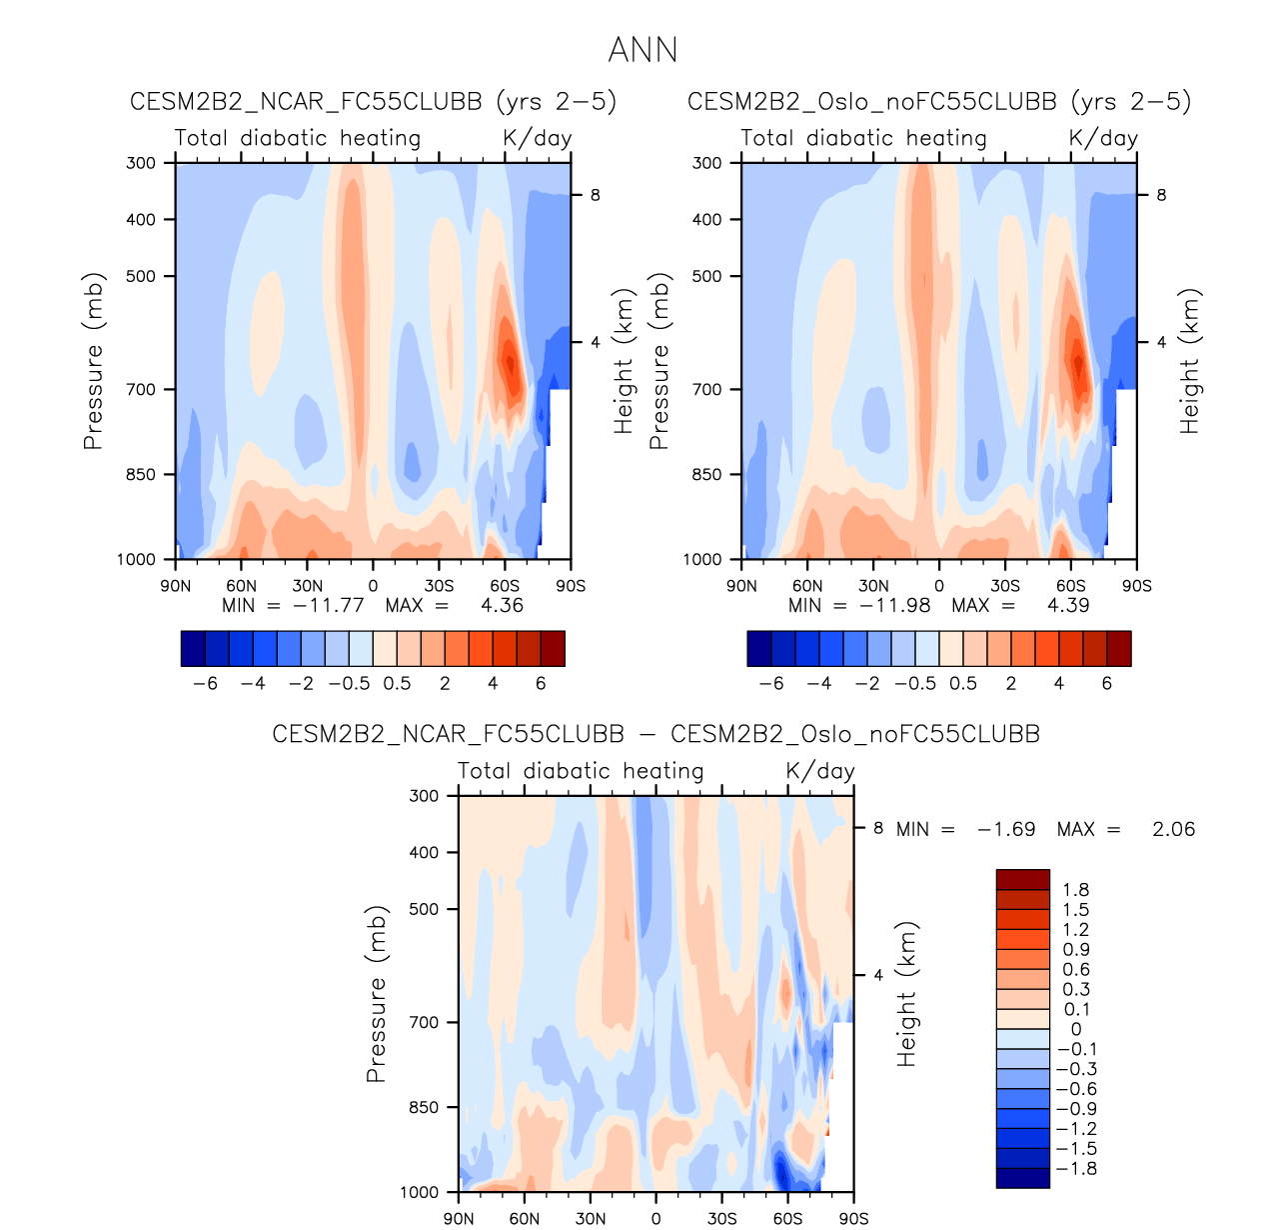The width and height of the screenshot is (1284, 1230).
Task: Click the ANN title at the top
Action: [x=642, y=50]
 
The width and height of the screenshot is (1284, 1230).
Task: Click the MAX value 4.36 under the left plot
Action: [x=502, y=605]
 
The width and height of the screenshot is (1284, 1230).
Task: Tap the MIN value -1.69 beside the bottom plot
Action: [x=1005, y=829]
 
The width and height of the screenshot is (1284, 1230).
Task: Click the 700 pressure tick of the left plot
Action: [x=142, y=389]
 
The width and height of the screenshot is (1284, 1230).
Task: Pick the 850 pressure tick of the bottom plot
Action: [x=425, y=1107]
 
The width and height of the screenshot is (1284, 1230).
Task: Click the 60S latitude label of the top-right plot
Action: [x=1070, y=586]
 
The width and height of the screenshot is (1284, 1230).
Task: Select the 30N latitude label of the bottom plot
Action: [x=590, y=1219]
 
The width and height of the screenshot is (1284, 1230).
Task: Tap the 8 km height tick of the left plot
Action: [x=595, y=195]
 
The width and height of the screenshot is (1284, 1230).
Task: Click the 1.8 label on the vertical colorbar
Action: [x=1076, y=890]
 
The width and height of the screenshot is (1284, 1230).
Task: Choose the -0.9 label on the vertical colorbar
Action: [x=1076, y=1109]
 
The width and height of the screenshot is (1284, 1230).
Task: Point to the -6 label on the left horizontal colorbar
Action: [x=205, y=684]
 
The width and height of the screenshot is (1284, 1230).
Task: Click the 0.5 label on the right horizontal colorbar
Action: [x=963, y=684]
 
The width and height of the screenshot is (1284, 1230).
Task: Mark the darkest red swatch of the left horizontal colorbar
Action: [x=553, y=648]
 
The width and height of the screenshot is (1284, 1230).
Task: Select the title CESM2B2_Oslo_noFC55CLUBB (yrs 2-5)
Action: [x=939, y=102]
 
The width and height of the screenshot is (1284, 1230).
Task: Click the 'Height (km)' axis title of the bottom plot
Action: [x=906, y=994]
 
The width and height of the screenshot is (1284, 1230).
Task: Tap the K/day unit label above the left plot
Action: [x=537, y=138]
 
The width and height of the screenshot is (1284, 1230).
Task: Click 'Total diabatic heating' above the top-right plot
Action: [x=863, y=138]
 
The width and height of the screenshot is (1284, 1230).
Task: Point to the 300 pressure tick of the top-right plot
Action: [x=707, y=163]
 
